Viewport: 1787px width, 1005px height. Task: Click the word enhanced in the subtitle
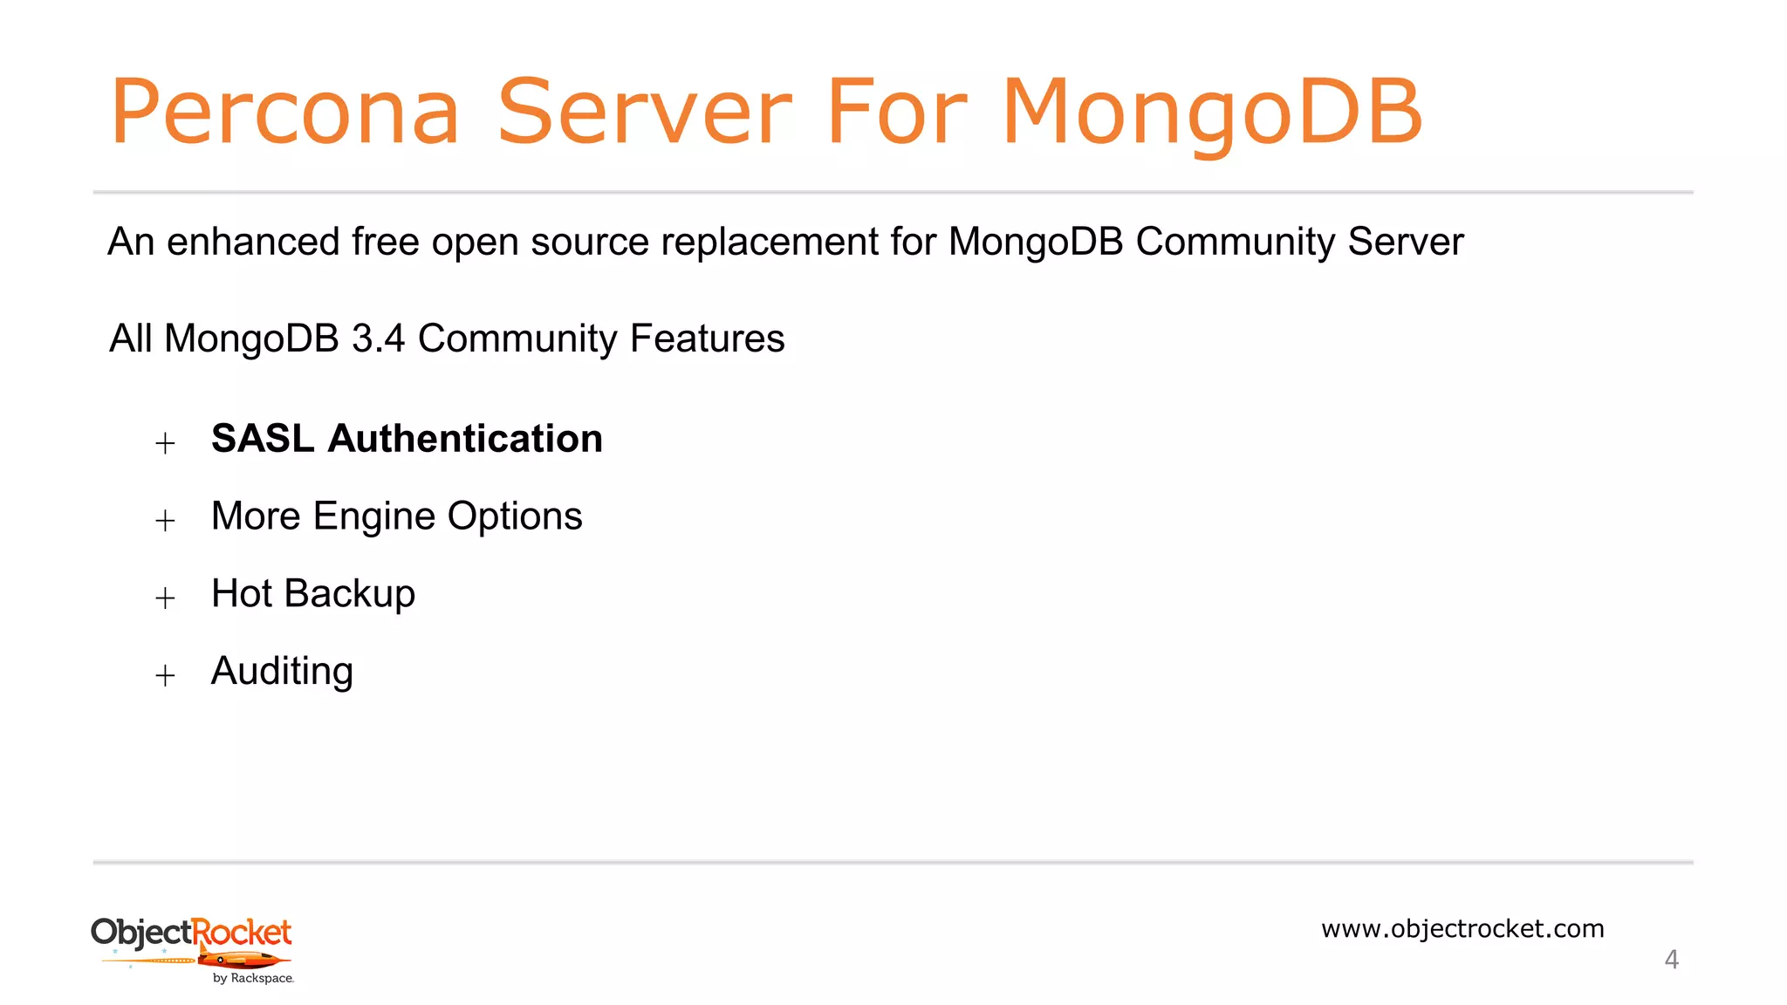[253, 242]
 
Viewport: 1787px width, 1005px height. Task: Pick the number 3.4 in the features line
[378, 338]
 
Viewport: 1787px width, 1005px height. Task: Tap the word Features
[707, 338]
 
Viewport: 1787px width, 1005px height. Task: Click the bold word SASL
[263, 438]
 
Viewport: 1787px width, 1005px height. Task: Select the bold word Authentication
[465, 438]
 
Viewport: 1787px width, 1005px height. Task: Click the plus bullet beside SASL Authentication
[165, 443]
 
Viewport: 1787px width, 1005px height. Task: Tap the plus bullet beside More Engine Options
[165, 521]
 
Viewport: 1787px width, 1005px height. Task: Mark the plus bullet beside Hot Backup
[165, 598]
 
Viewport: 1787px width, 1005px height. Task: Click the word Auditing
[282, 672]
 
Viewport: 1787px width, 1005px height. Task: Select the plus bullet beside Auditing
[165, 675]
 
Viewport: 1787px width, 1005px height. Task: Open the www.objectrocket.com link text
[1462, 928]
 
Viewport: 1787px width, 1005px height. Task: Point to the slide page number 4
[1671, 960]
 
